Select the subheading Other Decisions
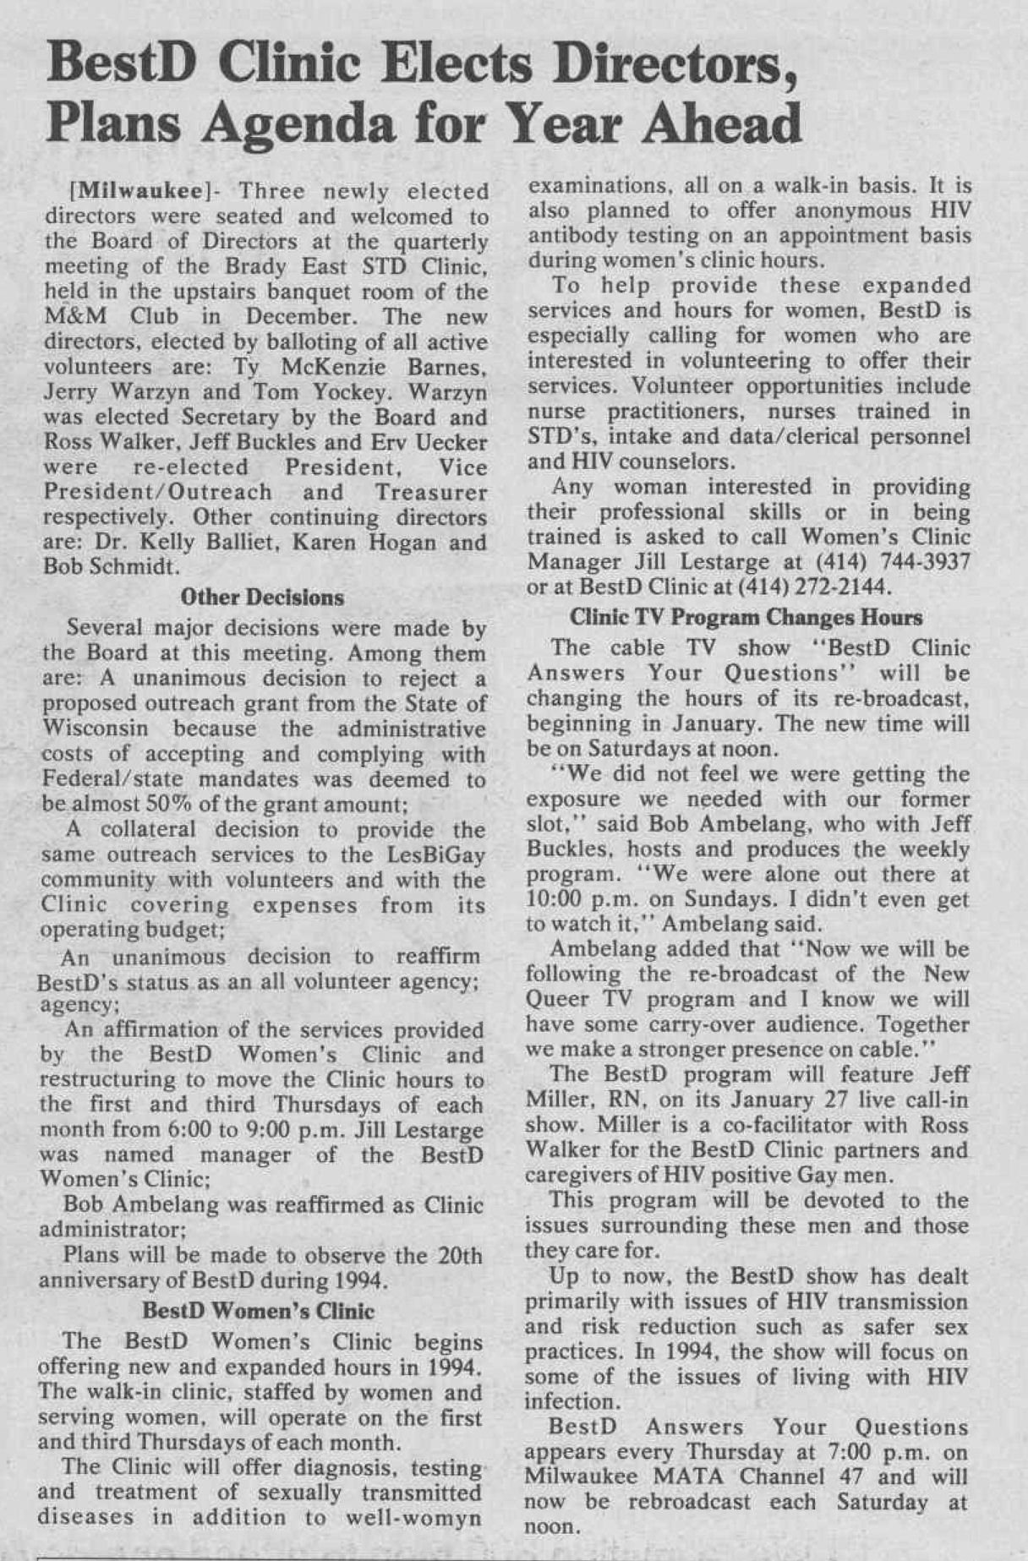point(262,598)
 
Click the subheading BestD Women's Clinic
point(258,1311)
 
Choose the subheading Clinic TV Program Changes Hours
point(746,617)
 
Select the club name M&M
point(81,317)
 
